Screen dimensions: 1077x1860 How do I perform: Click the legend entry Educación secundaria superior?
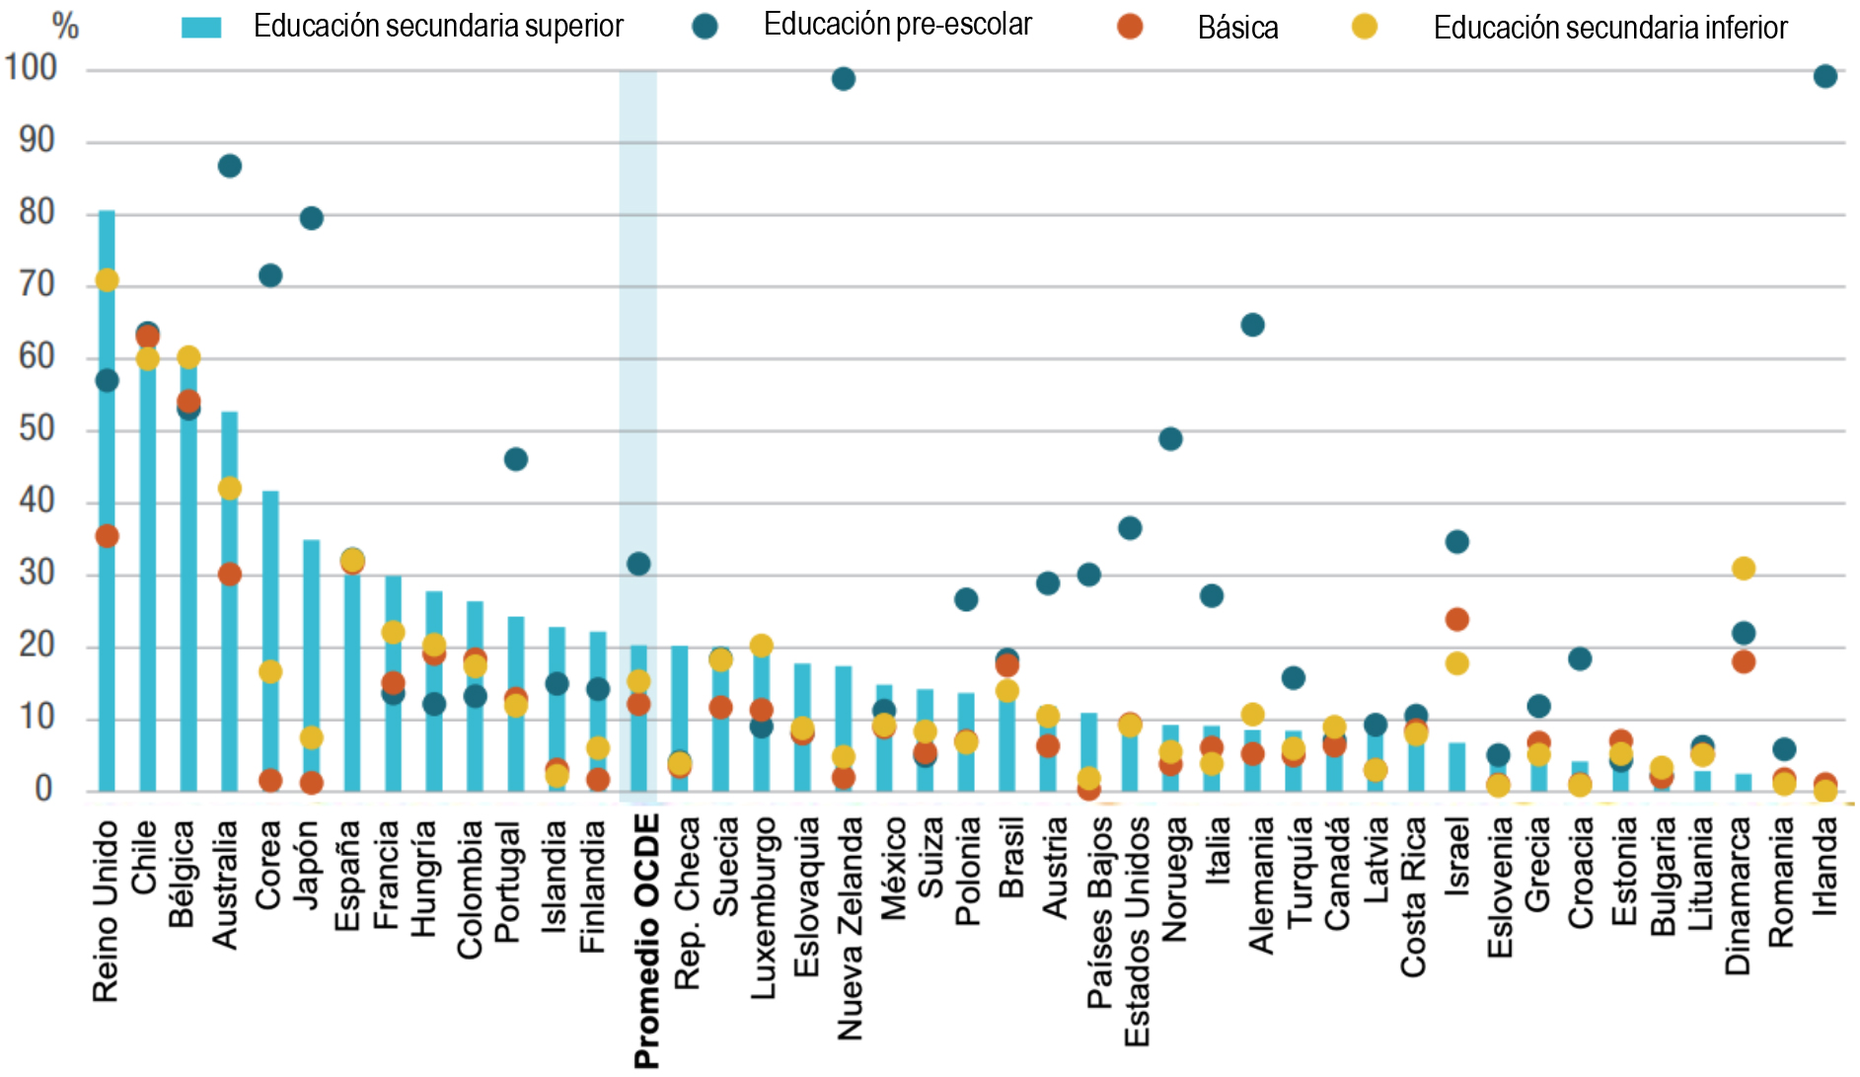coord(437,27)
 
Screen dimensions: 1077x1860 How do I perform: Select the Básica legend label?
coord(1237,28)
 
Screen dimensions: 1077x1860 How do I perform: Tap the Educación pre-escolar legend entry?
coord(897,25)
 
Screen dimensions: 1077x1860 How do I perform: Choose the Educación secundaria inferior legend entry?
coord(1609,28)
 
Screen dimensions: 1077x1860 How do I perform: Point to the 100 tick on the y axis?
coord(31,68)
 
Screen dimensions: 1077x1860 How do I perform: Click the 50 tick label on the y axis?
coord(36,429)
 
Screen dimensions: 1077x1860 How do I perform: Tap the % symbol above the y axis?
coord(65,26)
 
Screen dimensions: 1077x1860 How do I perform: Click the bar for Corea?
coord(270,641)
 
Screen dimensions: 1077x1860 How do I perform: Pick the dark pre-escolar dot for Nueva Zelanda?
coord(843,79)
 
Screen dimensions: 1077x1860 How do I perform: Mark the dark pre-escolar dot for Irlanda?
coord(1824,76)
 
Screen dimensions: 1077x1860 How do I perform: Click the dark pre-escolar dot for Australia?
coord(229,166)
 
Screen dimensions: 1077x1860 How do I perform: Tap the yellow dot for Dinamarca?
coord(1743,569)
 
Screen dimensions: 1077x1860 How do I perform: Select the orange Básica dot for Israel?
coord(1456,620)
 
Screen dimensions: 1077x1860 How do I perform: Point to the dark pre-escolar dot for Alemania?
coord(1252,325)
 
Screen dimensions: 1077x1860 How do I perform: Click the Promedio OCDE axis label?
coord(646,941)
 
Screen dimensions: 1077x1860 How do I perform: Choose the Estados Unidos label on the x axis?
coord(1137,931)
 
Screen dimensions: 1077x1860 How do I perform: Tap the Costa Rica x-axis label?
coord(1414,897)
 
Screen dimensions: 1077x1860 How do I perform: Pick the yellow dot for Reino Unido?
coord(107,280)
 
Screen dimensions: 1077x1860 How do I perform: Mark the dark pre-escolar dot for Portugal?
coord(515,459)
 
